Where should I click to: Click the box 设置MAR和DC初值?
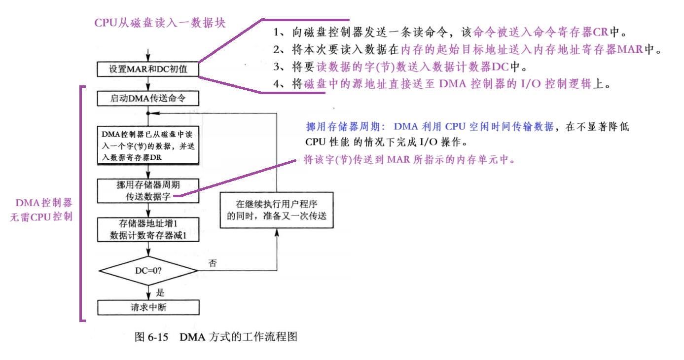pos(148,69)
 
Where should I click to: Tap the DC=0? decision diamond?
pos(148,271)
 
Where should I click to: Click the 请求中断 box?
pos(148,307)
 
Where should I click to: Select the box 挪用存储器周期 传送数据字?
pos(148,191)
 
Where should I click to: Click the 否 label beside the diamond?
pos(213,262)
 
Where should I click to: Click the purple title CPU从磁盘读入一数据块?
pos(160,23)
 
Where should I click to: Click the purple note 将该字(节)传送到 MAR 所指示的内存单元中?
pos(409,160)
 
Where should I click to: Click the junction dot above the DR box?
pos(148,113)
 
